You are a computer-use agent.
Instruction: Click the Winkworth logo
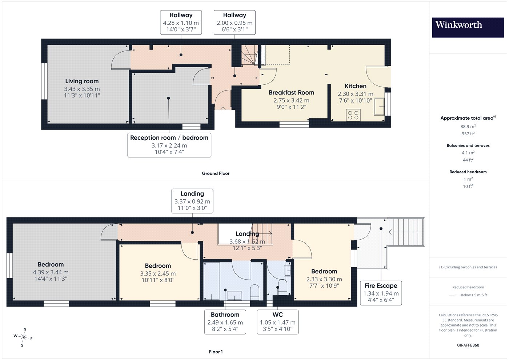point(468,28)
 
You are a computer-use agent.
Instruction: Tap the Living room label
point(82,81)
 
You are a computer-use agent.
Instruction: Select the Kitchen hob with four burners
point(353,115)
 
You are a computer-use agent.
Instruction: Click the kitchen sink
point(379,106)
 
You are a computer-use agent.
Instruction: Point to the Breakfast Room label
point(291,92)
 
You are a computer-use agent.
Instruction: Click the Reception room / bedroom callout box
point(169,145)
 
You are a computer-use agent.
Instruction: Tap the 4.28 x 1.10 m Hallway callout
point(181,22)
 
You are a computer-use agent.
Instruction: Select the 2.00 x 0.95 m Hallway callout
point(235,22)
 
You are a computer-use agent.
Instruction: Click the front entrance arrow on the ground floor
point(223,109)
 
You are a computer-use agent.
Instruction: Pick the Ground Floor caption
point(216,173)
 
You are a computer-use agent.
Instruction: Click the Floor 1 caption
point(216,352)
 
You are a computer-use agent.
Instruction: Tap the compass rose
point(23,337)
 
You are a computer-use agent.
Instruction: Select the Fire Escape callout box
point(381,293)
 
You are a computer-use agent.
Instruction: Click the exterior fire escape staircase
point(406,232)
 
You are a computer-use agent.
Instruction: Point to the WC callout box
point(277,322)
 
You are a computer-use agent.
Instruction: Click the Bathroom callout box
point(225,322)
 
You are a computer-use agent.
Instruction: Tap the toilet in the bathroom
point(254,292)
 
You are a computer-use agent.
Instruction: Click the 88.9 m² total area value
point(468,127)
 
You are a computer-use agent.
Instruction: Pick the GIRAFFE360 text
point(468,345)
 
